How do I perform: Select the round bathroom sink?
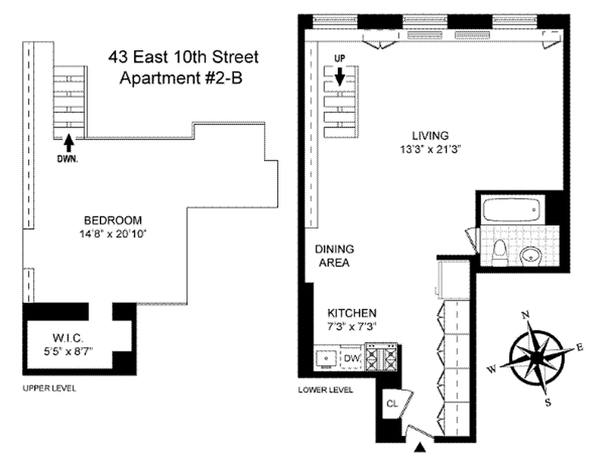click(530, 255)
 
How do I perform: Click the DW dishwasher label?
click(351, 358)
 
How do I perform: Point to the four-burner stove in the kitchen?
click(380, 356)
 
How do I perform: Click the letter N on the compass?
click(524, 315)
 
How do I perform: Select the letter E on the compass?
click(579, 348)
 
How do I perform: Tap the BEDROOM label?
click(113, 220)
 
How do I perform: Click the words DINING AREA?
click(334, 256)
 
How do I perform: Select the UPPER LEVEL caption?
click(49, 388)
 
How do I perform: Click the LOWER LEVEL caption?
click(326, 390)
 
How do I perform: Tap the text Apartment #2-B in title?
click(180, 78)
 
